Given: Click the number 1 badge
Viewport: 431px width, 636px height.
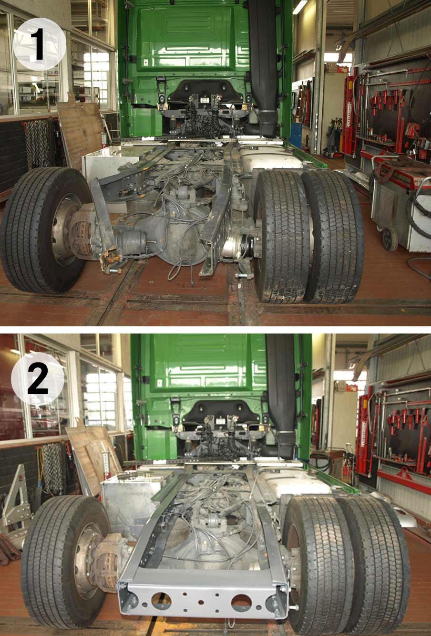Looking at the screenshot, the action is (40, 44).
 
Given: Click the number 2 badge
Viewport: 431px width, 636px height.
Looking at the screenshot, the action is (38, 379).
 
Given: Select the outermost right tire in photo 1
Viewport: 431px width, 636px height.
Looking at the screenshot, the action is (333, 237).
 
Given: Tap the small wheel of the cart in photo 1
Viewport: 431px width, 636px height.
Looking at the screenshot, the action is (390, 239).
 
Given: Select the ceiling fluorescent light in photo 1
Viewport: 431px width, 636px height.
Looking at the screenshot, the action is (300, 7).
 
